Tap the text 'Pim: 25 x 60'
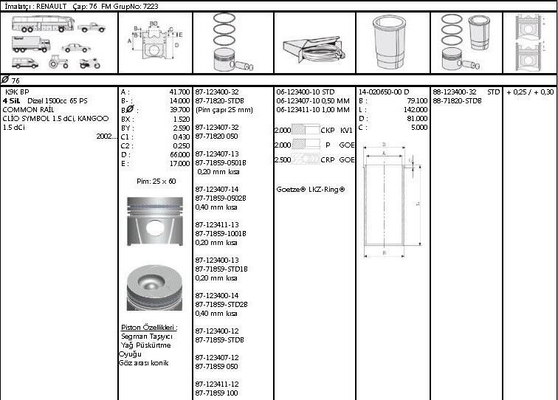coord(156,181)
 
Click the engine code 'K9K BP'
coord(18,92)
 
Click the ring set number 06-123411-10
coord(299,109)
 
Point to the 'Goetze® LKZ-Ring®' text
coord(310,189)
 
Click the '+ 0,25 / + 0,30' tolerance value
coord(530,92)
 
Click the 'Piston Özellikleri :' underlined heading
coord(148,327)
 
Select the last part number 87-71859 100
coord(217,393)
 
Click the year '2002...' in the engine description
coord(107,136)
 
